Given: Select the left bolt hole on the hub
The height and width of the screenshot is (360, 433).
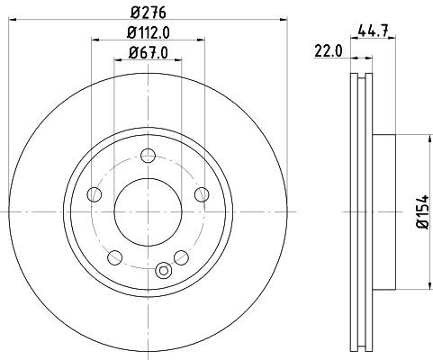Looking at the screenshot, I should [94, 193].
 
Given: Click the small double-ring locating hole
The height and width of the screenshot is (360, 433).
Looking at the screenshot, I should [163, 270].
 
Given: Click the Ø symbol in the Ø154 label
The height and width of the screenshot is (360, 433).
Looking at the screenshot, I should [416, 231].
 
